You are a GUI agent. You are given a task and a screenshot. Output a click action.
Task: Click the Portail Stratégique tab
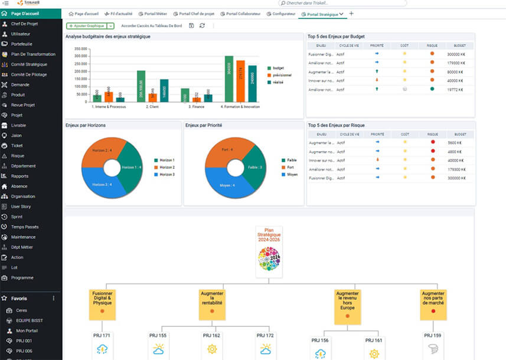[322, 14]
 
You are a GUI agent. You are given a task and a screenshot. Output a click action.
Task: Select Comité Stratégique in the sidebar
[29, 64]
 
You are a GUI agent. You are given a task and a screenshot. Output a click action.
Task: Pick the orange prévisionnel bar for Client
[153, 97]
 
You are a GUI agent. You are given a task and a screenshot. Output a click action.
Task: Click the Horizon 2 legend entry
[168, 168]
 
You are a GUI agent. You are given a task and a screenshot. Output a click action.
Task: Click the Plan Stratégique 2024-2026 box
[269, 251]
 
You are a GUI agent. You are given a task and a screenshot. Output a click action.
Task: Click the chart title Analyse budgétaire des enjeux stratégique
[108, 37]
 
